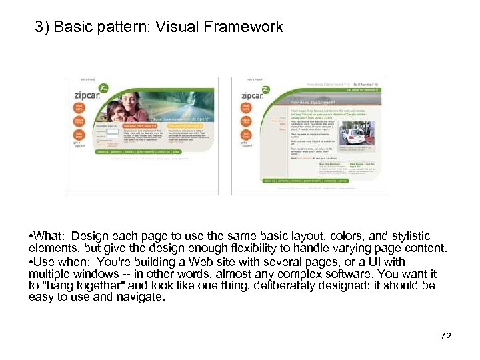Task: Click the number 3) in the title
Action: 43,27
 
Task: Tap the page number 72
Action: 445,336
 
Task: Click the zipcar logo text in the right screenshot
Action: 253,95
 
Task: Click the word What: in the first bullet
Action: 50,236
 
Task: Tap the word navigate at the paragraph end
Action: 141,298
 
